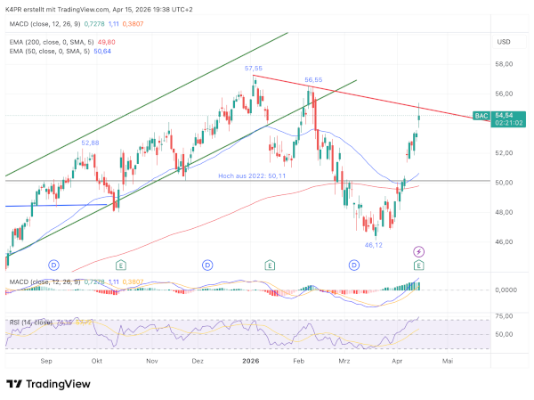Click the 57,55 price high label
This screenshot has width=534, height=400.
coord(254,69)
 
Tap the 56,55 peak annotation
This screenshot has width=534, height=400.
coord(313,80)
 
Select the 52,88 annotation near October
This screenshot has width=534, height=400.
coord(91,143)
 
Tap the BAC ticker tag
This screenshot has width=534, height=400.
coord(481,116)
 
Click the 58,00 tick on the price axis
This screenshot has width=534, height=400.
coord(506,64)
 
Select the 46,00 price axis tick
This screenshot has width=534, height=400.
coord(506,241)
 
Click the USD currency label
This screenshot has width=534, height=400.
coord(504,42)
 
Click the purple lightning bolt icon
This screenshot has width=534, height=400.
coord(418,252)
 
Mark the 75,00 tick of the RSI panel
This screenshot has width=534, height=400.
coord(506,317)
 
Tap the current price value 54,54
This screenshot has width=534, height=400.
coord(505,116)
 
